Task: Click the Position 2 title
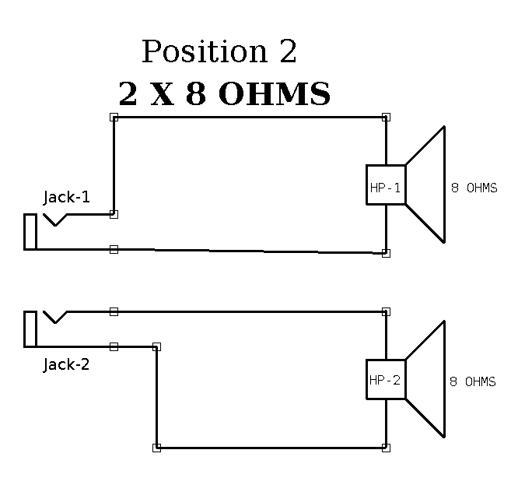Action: [219, 52]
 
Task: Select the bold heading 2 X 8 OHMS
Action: [224, 94]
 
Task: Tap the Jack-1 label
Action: [66, 197]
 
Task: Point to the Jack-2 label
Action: [66, 364]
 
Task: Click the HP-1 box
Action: [386, 185]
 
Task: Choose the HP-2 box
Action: [386, 380]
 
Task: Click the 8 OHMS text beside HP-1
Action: [474, 188]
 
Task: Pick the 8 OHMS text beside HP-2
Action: [472, 381]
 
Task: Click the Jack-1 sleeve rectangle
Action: [30, 231]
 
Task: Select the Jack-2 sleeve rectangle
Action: [30, 329]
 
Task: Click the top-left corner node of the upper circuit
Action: [114, 118]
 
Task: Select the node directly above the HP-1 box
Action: [386, 118]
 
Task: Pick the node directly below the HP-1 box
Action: [386, 253]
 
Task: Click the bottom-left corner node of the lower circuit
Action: [156, 448]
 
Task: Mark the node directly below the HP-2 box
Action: [386, 448]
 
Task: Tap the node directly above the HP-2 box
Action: [386, 311]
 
